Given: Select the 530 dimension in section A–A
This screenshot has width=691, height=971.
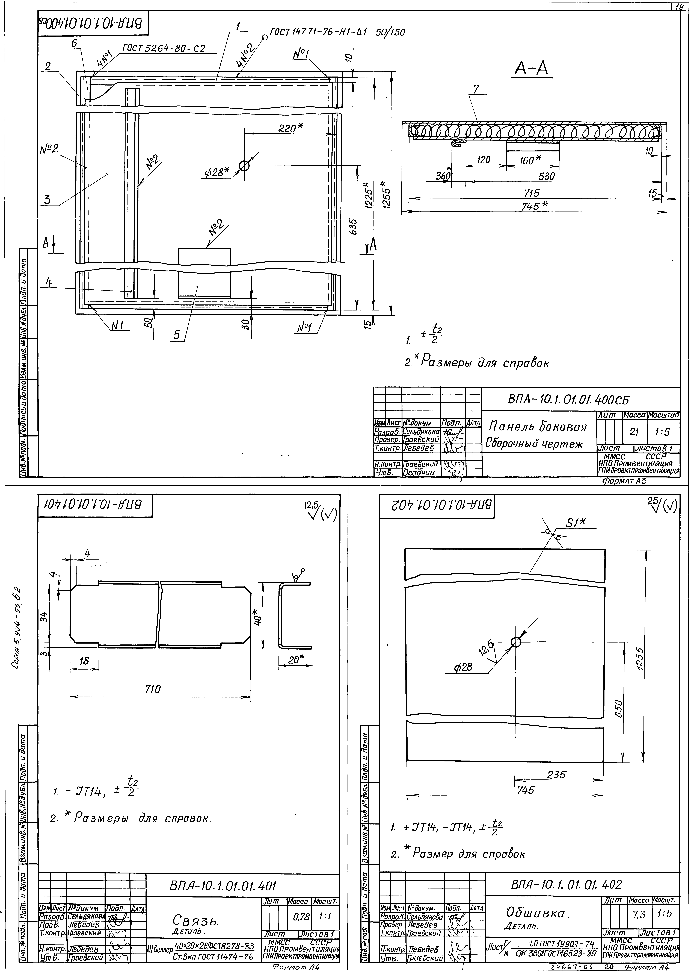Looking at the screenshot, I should point(546,176).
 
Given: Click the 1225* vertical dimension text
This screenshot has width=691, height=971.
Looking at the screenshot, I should point(369,196).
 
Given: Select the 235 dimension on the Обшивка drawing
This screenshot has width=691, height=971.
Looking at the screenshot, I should point(557,774).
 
